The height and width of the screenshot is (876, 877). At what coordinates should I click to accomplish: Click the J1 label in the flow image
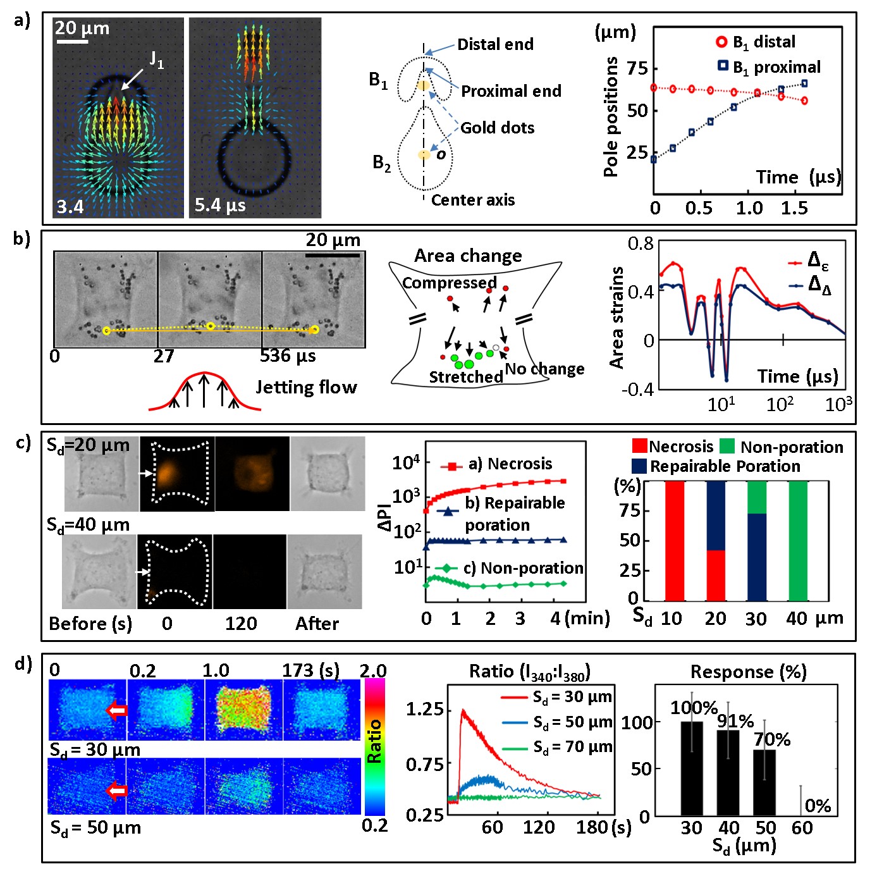click(x=156, y=60)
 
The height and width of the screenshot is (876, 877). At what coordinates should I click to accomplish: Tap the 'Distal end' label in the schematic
click(x=495, y=44)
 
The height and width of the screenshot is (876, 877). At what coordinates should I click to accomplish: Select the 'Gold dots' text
click(x=497, y=128)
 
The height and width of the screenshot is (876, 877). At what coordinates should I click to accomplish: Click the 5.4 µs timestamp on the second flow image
click(x=220, y=206)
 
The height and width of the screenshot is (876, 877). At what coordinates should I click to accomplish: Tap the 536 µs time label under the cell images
click(x=288, y=356)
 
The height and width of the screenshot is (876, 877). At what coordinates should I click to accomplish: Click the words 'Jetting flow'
click(x=306, y=387)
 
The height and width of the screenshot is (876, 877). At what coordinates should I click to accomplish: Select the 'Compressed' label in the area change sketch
click(x=449, y=283)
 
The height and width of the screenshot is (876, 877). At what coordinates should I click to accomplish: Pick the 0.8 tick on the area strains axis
click(x=640, y=244)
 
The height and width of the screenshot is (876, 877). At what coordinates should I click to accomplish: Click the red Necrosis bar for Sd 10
click(x=674, y=540)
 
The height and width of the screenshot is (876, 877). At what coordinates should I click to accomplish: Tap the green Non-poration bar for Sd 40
click(x=798, y=540)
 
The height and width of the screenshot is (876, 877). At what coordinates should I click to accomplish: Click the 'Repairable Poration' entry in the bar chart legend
click(x=725, y=466)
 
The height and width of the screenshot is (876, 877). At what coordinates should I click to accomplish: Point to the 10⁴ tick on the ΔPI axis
click(x=406, y=462)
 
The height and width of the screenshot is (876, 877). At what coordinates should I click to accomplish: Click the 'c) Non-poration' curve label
click(x=523, y=568)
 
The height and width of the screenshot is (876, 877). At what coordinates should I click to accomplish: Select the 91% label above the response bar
click(x=735, y=721)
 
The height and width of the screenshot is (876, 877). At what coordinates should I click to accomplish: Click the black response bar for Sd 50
click(x=764, y=782)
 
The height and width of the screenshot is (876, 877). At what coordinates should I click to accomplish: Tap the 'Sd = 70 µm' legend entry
click(x=572, y=747)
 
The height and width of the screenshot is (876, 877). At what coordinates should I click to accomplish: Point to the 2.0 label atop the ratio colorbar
click(x=373, y=670)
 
